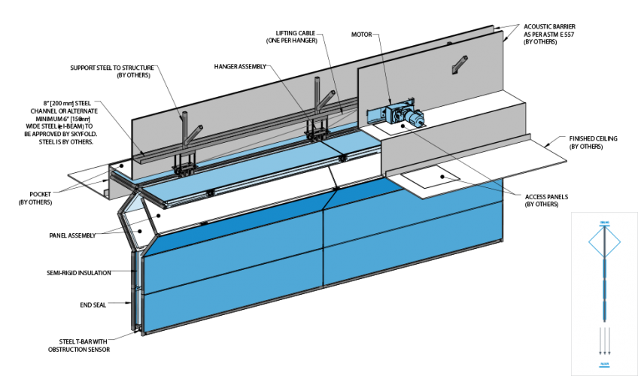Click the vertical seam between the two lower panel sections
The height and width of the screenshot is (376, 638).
[323, 248]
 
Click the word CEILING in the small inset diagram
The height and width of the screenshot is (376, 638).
[604, 223]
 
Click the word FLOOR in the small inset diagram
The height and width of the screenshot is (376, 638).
[604, 365]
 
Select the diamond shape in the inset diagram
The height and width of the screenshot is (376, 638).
[604, 242]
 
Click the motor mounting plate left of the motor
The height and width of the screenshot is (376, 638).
[375, 115]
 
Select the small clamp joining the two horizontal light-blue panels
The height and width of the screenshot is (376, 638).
[342, 159]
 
